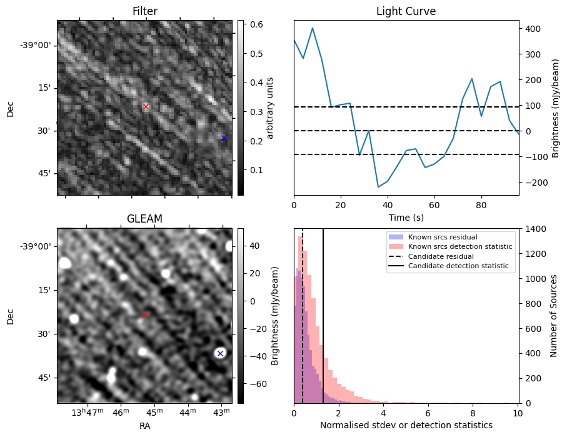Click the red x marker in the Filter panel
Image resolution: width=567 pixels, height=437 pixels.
point(146,107)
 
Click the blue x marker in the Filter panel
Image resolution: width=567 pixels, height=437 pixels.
point(224,138)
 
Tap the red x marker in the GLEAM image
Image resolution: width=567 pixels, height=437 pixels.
point(144,315)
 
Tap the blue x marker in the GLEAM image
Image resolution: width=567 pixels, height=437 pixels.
point(219,354)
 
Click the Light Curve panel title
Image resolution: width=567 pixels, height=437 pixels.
point(406,12)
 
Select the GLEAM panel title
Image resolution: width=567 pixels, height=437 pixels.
point(144,219)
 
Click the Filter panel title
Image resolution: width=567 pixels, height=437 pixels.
point(144,12)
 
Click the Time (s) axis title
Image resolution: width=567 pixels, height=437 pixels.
point(406,216)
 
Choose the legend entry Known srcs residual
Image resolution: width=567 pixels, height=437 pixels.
point(443,238)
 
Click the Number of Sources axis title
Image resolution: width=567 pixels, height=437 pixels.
point(554,316)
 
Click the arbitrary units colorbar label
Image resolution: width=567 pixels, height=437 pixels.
point(270,108)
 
